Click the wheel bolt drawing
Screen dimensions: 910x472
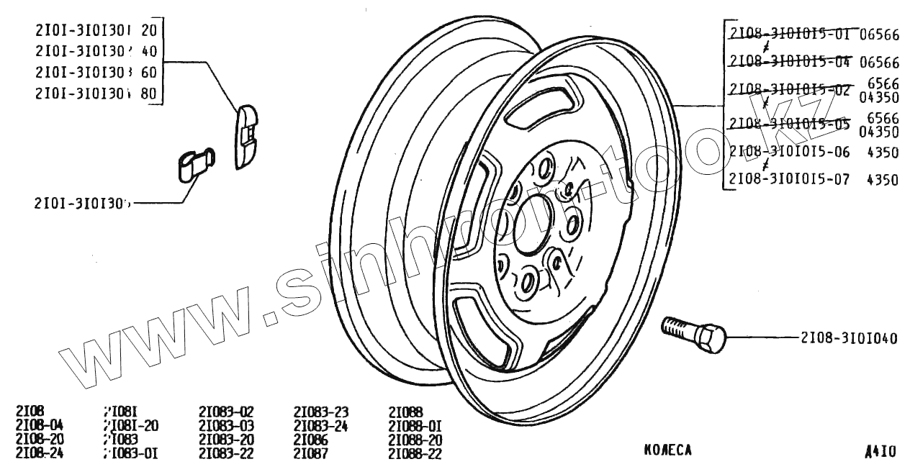pos(695,335)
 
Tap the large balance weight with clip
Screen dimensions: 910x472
pos(246,135)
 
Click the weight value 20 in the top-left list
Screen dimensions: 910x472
pos(149,31)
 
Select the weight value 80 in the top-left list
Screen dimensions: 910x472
pos(149,94)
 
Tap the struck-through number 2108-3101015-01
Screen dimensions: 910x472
pos(790,34)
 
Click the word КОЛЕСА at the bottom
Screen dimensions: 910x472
pos(667,450)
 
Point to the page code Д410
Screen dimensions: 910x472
pos(880,452)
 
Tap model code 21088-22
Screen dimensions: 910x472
pos(415,453)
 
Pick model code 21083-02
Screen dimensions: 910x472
pos(226,412)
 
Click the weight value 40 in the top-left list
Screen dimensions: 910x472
pos(149,52)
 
